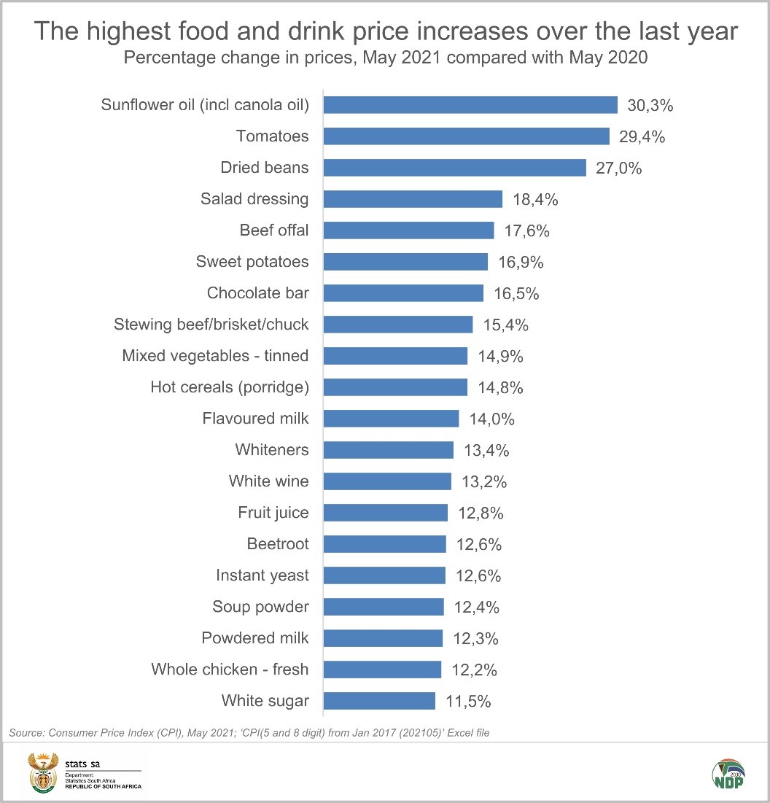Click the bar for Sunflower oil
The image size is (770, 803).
pos(470,105)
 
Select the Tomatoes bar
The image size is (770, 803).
pos(466,136)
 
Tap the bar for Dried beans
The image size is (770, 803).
pos(454,168)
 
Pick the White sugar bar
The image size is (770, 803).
pos(379,701)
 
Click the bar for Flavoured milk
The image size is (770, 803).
pos(391,419)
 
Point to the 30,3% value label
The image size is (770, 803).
pos(650,105)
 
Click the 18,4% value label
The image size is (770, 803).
pos(535,199)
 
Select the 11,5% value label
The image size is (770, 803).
pos(468,702)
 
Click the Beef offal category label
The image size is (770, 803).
pos(274,230)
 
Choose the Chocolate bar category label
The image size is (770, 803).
pos(257,293)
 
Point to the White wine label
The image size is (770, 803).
pos(268,481)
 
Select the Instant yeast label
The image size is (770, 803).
pos(262,575)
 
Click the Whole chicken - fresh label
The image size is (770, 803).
pos(230,670)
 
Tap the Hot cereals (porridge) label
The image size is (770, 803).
pos(229,387)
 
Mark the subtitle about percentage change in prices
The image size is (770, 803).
pos(385,58)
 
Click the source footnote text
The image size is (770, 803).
pos(249,732)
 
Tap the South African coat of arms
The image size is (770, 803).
pos(42,774)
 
